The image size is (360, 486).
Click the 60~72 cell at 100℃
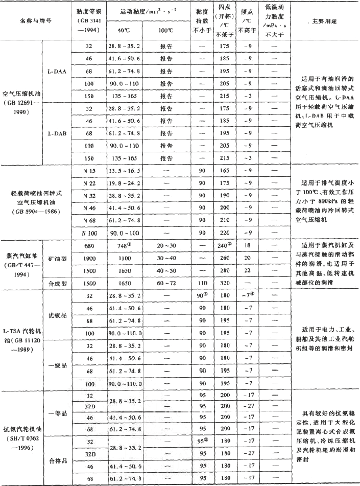point(165,282)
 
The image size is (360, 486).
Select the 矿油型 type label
point(56,258)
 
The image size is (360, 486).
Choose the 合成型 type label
point(56,282)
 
